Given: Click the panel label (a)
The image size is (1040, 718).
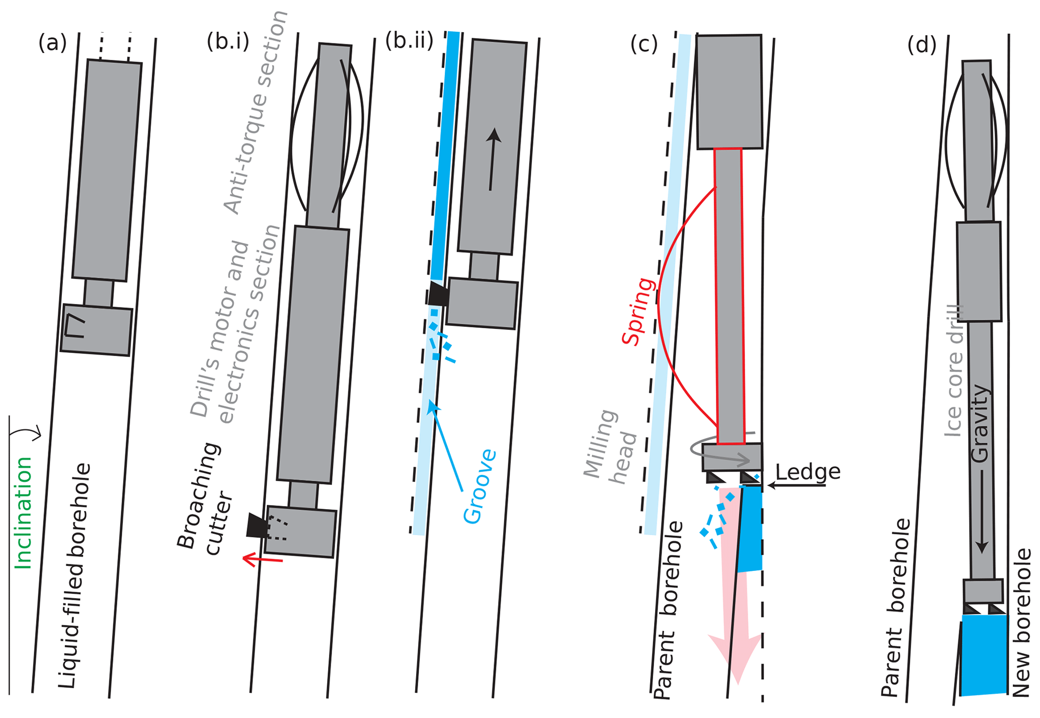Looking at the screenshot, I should (52, 43).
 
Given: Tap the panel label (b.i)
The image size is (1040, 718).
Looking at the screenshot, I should (227, 41).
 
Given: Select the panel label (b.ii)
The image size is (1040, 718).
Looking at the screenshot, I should (409, 40).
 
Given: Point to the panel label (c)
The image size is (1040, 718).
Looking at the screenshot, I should (644, 44).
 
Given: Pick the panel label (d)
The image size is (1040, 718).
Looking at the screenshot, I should (921, 45).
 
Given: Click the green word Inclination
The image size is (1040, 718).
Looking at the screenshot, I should (23, 513).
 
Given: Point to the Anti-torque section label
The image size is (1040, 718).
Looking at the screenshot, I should (256, 112).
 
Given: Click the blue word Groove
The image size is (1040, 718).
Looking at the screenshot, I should (479, 486).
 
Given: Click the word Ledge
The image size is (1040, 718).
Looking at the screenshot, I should (808, 472).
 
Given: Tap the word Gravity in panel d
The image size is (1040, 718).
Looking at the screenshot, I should (980, 423).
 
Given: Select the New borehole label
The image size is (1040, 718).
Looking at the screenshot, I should (1021, 622).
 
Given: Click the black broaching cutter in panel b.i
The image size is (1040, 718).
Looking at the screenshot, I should (257, 526).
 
